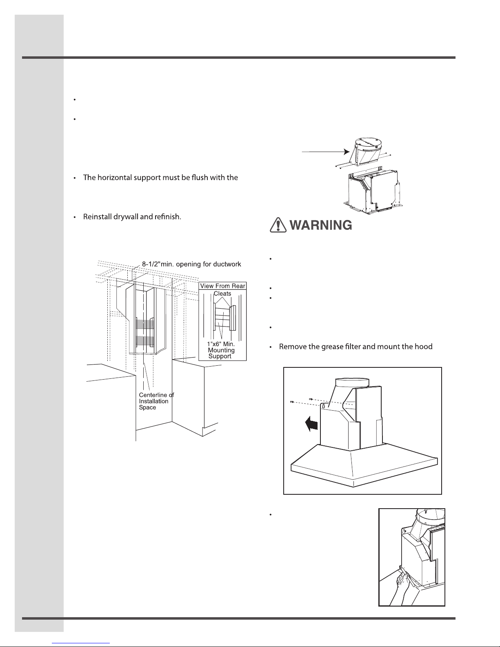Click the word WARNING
[321, 225]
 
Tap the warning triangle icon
[278, 225]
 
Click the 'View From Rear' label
[222, 286]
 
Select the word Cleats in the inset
[222, 293]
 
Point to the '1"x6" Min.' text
[221, 344]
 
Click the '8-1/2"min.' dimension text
[158, 264]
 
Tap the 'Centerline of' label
[157, 395]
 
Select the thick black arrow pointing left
[311, 424]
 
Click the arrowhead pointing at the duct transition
[347, 152]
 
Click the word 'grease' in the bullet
[332, 347]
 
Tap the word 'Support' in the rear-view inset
[220, 356]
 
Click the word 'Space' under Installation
[147, 407]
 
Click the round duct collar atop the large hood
[352, 382]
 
